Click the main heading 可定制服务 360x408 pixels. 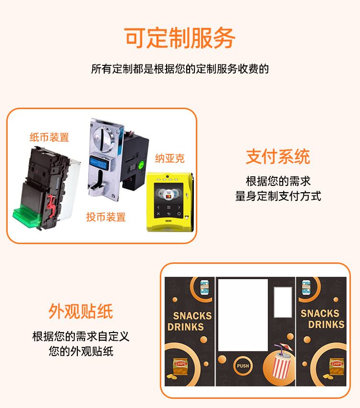180,38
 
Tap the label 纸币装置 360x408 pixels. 49,137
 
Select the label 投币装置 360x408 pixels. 106,217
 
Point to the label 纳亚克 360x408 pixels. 170,158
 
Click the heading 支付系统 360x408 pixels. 278,157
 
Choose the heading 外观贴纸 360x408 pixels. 81,311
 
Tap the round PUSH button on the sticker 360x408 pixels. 243,366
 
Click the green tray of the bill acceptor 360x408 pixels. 26,215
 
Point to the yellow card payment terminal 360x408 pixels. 170,202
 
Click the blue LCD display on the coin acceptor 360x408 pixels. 98,163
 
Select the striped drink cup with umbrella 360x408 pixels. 281,360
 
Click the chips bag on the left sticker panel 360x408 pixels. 180,367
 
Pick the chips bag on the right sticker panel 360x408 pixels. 336,366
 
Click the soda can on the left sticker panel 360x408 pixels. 204,287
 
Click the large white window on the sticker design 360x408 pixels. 243,315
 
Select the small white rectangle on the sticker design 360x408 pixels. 283,302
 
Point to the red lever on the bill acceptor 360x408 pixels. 51,206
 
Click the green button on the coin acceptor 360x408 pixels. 141,165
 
